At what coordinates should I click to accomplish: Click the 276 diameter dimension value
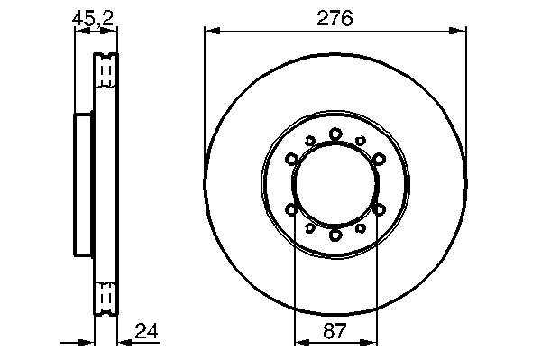tap(335, 18)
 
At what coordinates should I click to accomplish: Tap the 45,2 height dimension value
tap(93, 18)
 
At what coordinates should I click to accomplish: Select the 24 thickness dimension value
tap(146, 331)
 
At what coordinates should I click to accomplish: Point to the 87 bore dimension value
tap(335, 331)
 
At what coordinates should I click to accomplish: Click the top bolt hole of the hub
tap(335, 134)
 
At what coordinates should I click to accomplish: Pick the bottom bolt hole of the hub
tap(335, 235)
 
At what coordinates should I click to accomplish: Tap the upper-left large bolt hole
tap(292, 159)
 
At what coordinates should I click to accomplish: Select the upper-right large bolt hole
tap(380, 159)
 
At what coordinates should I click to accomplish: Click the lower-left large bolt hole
tap(292, 209)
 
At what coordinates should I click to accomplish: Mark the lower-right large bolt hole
tap(380, 209)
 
